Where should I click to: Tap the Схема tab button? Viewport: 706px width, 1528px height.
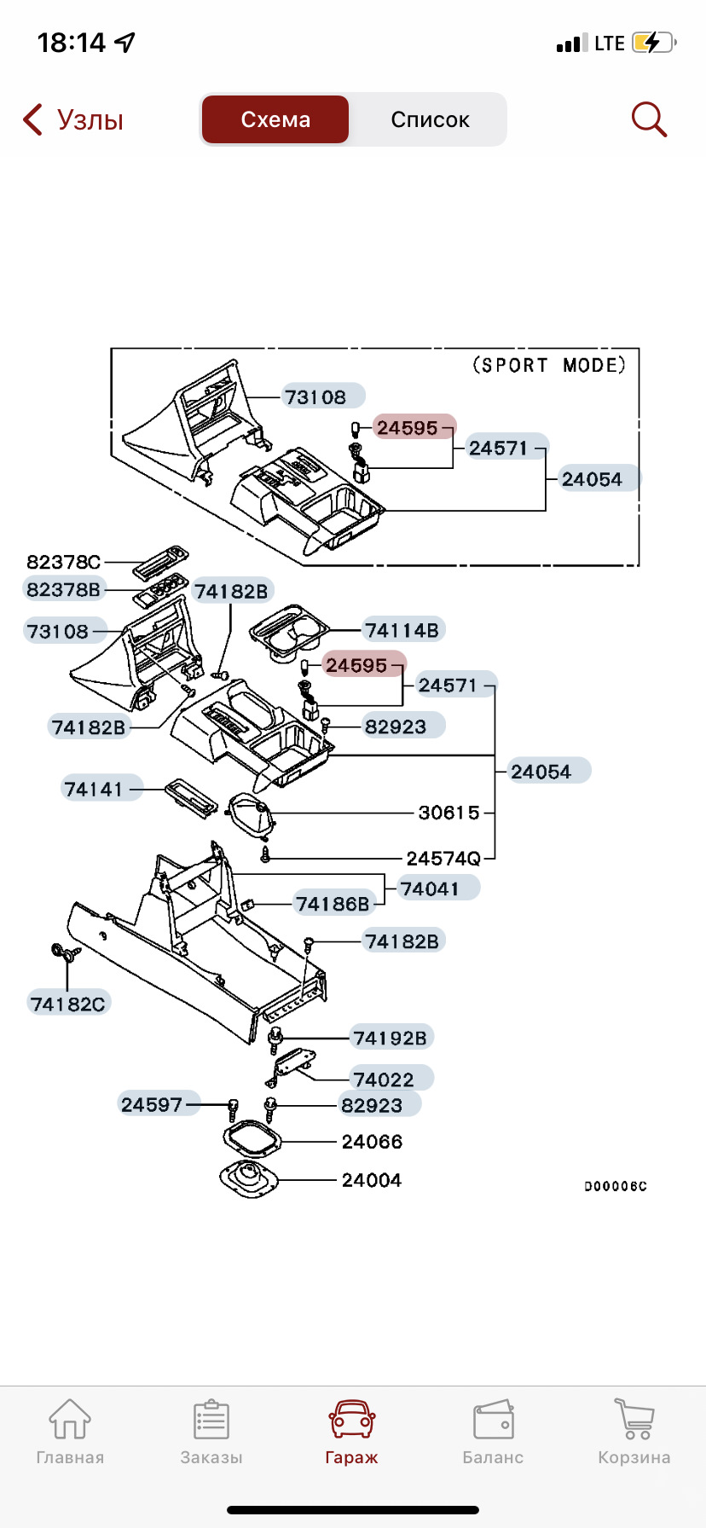click(275, 119)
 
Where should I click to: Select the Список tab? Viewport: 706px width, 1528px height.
click(430, 119)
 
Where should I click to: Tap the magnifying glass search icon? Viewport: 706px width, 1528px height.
click(648, 119)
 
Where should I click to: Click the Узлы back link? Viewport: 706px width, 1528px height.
click(73, 119)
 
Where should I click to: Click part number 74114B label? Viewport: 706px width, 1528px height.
click(402, 630)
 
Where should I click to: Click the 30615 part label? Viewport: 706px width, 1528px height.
click(449, 813)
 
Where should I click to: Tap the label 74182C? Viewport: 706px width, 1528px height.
click(67, 1004)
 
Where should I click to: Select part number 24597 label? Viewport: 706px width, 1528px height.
click(153, 1104)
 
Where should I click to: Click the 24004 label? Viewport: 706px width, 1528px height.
click(372, 1180)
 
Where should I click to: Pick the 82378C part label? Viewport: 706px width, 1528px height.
click(63, 562)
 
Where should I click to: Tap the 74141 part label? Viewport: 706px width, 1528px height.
click(94, 789)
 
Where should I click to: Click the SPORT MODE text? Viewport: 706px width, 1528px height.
click(549, 365)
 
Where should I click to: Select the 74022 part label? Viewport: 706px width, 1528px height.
click(385, 1079)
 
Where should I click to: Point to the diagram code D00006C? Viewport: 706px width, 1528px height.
click(615, 1186)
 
